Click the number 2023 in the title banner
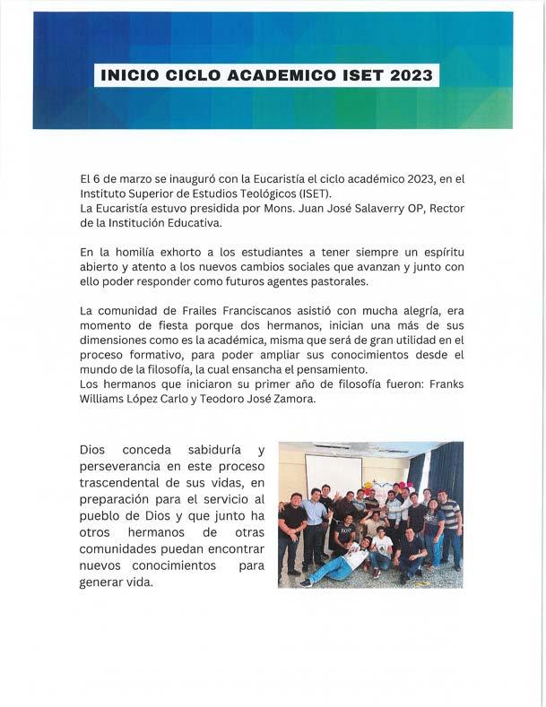click(409, 75)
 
